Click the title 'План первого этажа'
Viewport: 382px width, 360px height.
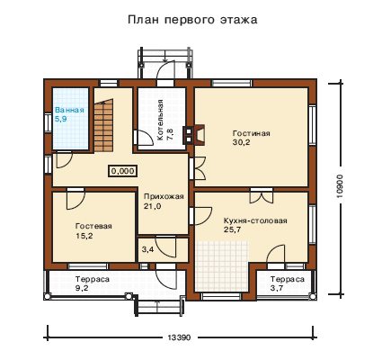192,20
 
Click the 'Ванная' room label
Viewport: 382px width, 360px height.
69,110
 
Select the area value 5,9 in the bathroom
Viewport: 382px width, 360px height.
60,119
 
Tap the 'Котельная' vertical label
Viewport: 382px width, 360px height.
161,120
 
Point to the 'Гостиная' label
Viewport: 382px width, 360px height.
252,133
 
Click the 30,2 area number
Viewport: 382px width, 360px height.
241,142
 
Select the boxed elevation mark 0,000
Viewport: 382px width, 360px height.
123,171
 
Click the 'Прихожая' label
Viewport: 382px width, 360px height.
164,197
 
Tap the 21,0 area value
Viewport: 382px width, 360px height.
152,206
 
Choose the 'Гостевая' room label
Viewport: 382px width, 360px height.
93,226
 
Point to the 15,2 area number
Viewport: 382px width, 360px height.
84,236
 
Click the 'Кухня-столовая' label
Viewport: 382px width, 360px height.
255,221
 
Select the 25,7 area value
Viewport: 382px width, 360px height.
233,229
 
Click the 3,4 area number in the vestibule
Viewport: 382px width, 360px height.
147,249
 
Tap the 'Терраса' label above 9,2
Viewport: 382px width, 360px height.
93,279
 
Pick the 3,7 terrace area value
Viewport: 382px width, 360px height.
277,288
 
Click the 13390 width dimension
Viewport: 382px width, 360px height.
179,337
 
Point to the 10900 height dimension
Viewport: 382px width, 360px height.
339,186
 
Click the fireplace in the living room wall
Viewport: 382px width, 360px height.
194,135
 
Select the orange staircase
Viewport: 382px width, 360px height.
104,125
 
